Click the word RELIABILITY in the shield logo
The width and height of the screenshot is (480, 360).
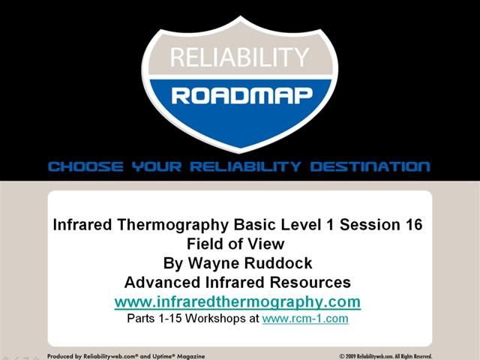239,58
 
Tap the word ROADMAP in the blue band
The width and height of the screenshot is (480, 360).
239,95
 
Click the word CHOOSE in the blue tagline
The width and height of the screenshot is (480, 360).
82,166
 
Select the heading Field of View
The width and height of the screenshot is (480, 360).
239,244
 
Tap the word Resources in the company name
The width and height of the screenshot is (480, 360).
307,283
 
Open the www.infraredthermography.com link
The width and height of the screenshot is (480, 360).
238,302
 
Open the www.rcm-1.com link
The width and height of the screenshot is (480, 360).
305,319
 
